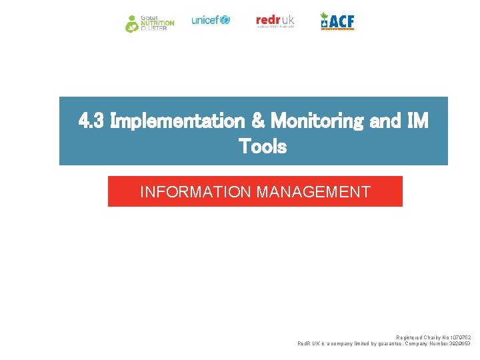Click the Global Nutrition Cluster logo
pyautogui.click(x=149, y=23)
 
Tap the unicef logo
pyautogui.click(x=210, y=20)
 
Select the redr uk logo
pyautogui.click(x=275, y=21)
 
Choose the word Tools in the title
pyautogui.click(x=263, y=146)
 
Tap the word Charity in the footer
pyautogui.click(x=433, y=337)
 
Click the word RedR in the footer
pyautogui.click(x=304, y=344)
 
